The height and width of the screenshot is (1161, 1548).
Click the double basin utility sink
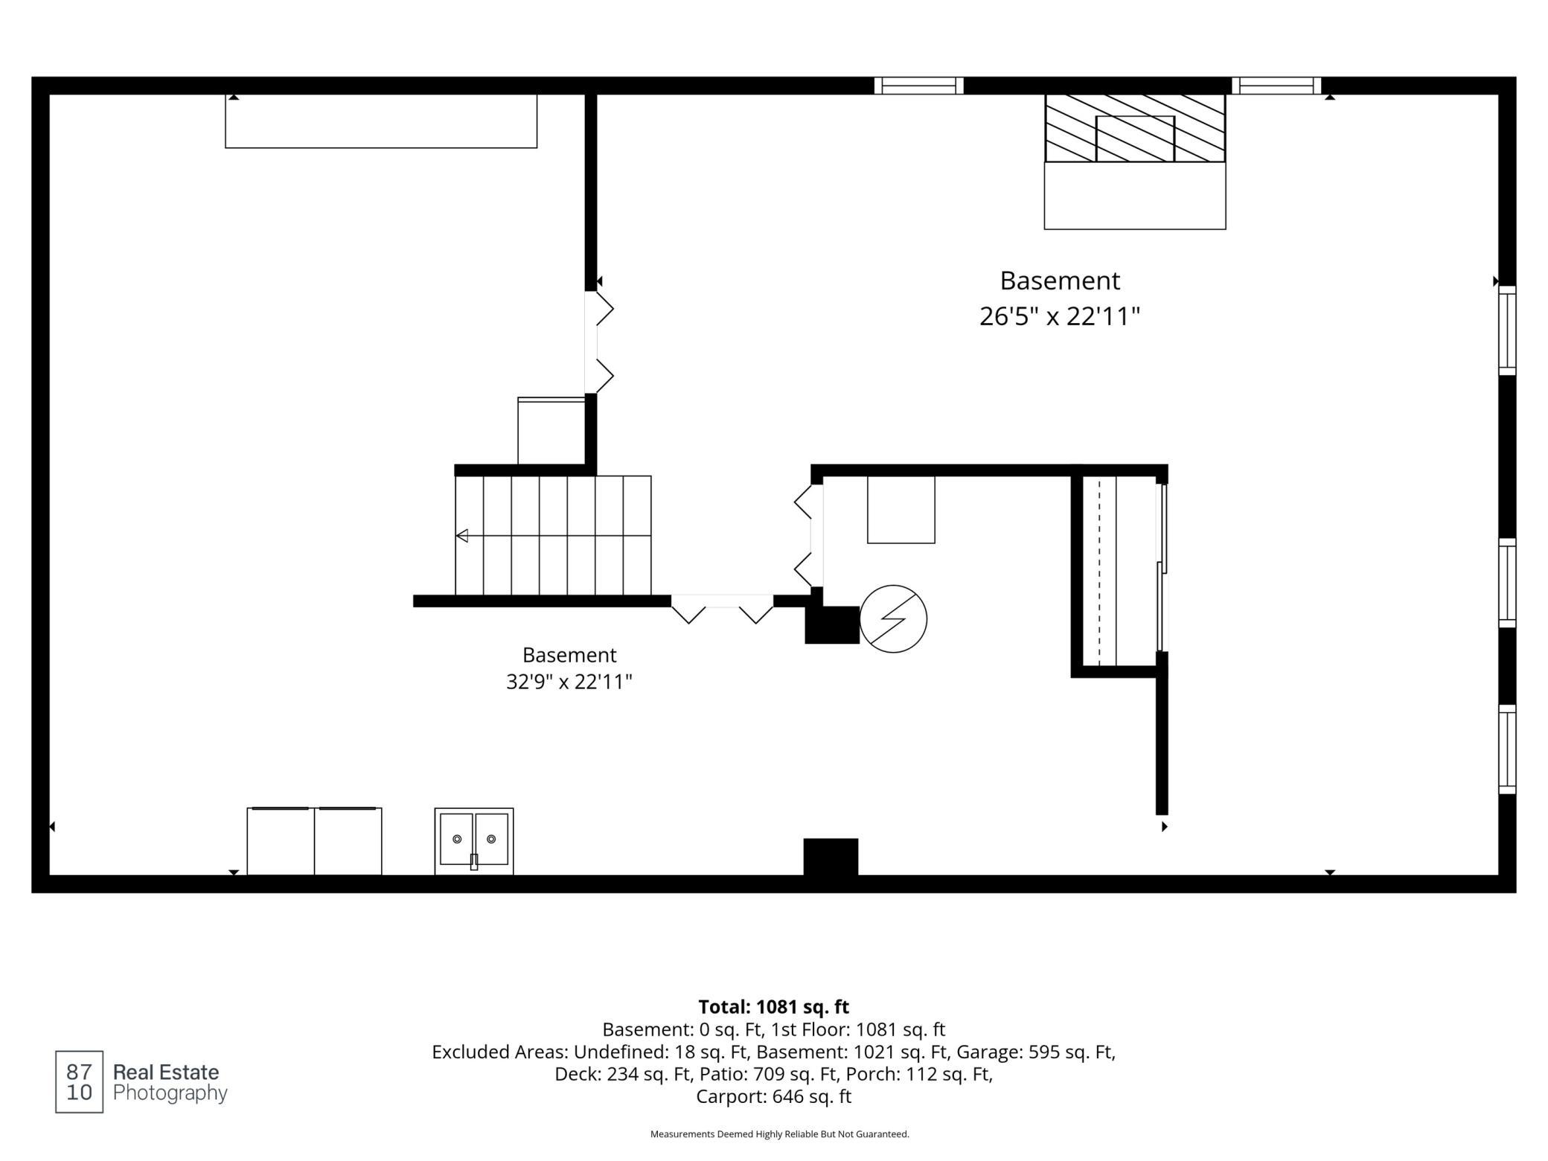pyautogui.click(x=474, y=841)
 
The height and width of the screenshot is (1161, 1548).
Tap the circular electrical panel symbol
pyautogui.click(x=893, y=618)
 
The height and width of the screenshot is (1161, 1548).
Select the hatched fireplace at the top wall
pyautogui.click(x=1135, y=128)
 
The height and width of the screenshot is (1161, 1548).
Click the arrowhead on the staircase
pyautogui.click(x=462, y=535)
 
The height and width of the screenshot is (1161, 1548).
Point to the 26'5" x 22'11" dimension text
pyautogui.click(x=1060, y=317)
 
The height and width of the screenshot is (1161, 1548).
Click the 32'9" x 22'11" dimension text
pyautogui.click(x=569, y=682)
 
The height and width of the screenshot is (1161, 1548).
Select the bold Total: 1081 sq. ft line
pyautogui.click(x=774, y=1007)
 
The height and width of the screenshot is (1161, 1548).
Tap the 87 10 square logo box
pyautogui.click(x=79, y=1082)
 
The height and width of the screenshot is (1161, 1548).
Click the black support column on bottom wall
pyautogui.click(x=831, y=857)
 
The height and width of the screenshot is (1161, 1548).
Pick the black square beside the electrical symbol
pyautogui.click(x=832, y=625)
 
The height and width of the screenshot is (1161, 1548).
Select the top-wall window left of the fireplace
pyautogui.click(x=919, y=86)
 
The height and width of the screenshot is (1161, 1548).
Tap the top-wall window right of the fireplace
pyautogui.click(x=1276, y=86)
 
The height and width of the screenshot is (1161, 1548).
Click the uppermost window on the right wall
pyautogui.click(x=1507, y=330)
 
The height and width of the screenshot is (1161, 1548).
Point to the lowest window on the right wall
pyautogui.click(x=1507, y=749)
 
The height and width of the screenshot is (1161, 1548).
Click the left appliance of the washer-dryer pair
pyautogui.click(x=281, y=841)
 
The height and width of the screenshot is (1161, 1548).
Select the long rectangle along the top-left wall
pyautogui.click(x=381, y=121)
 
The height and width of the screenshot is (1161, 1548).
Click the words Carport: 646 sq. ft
pyautogui.click(x=774, y=1096)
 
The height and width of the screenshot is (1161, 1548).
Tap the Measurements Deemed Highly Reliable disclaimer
pyautogui.click(x=780, y=1134)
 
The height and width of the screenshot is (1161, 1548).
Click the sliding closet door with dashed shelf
pyautogui.click(x=1162, y=568)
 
